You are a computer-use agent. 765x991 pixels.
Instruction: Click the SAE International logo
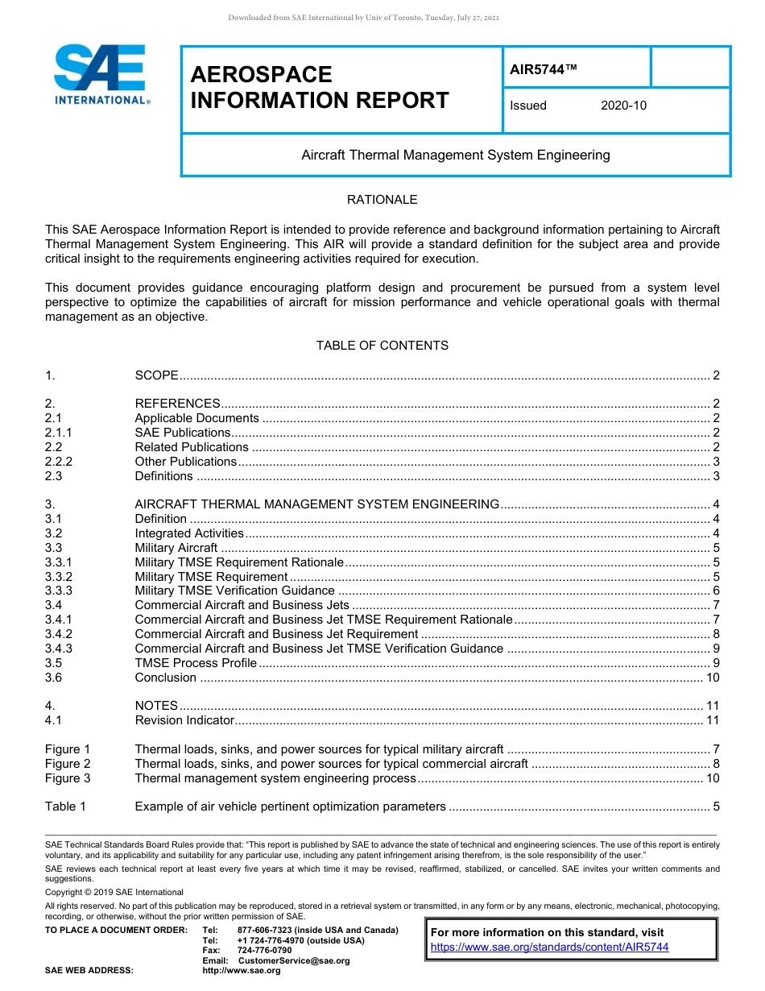click(100, 75)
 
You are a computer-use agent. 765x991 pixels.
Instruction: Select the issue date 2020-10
click(623, 106)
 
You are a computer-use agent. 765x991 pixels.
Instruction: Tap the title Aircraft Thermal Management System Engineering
click(455, 155)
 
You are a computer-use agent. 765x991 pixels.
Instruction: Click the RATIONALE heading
click(382, 200)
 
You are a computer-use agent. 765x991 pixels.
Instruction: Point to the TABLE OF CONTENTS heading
click(382, 346)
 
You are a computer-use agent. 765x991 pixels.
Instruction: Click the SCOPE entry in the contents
click(156, 375)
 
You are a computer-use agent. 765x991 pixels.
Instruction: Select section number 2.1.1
click(60, 433)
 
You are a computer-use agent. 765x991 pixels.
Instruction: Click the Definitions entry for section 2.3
click(163, 476)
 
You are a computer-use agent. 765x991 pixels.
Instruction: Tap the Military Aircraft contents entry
click(176, 548)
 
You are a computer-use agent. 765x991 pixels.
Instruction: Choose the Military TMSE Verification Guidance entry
click(234, 591)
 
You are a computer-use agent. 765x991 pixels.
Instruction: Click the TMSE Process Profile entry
click(196, 663)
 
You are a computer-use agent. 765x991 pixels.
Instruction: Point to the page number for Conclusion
click(712, 678)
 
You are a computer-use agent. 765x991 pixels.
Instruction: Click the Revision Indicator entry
click(184, 720)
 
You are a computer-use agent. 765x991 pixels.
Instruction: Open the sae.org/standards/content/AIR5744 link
click(549, 947)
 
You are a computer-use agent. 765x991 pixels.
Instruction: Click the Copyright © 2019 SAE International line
click(114, 892)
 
